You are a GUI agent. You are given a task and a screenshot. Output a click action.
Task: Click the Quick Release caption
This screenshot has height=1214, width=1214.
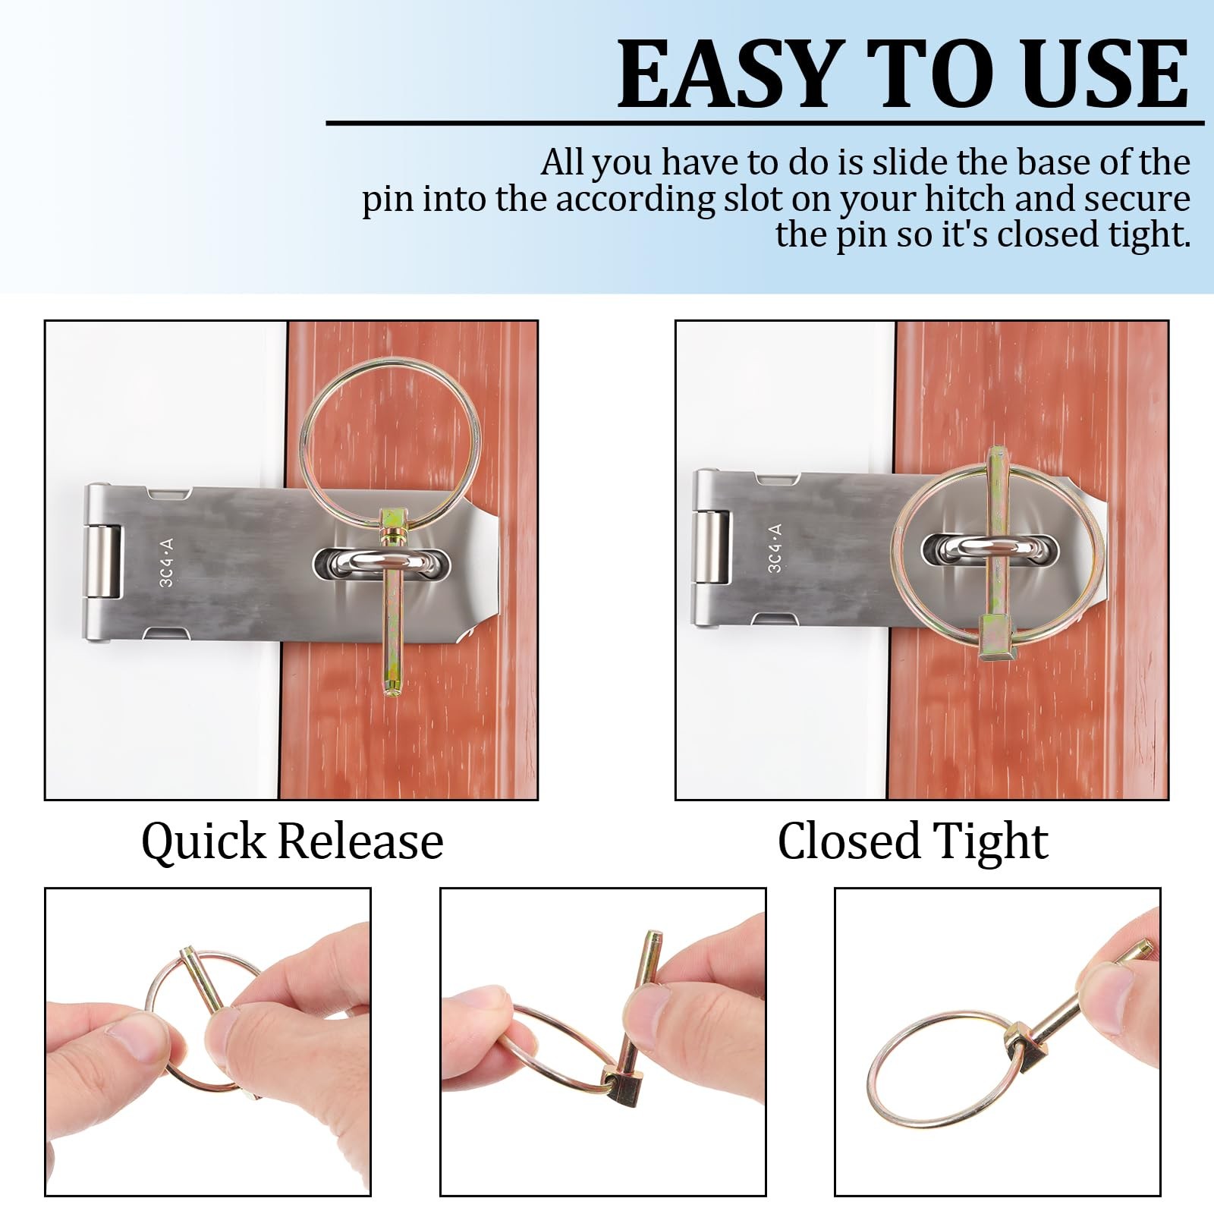click(x=292, y=841)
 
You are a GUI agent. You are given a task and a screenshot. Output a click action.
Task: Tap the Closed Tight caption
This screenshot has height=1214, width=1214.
click(x=913, y=841)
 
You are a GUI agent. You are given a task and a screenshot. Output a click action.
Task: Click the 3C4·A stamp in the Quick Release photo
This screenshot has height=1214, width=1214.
click(x=167, y=562)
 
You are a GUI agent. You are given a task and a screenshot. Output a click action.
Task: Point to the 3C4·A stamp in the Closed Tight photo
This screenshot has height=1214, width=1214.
click(x=775, y=548)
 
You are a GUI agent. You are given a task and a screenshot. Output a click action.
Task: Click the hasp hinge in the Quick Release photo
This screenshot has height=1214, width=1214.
click(x=104, y=562)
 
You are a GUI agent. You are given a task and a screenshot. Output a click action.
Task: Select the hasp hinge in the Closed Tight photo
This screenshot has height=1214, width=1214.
click(x=712, y=548)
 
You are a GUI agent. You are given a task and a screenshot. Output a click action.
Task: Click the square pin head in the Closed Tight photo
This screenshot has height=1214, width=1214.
click(x=994, y=637)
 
